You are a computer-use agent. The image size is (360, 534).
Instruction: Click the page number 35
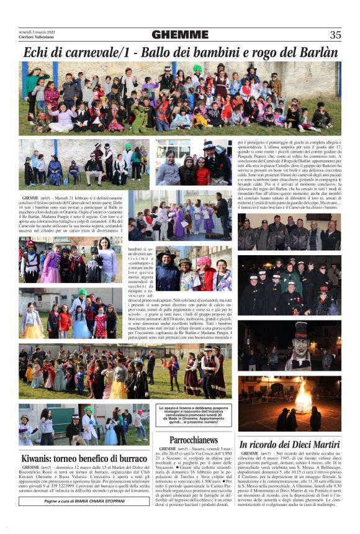(x=335, y=35)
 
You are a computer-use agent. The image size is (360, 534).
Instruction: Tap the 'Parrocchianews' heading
(x=193, y=440)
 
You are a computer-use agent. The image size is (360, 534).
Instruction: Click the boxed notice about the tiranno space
(x=194, y=415)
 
